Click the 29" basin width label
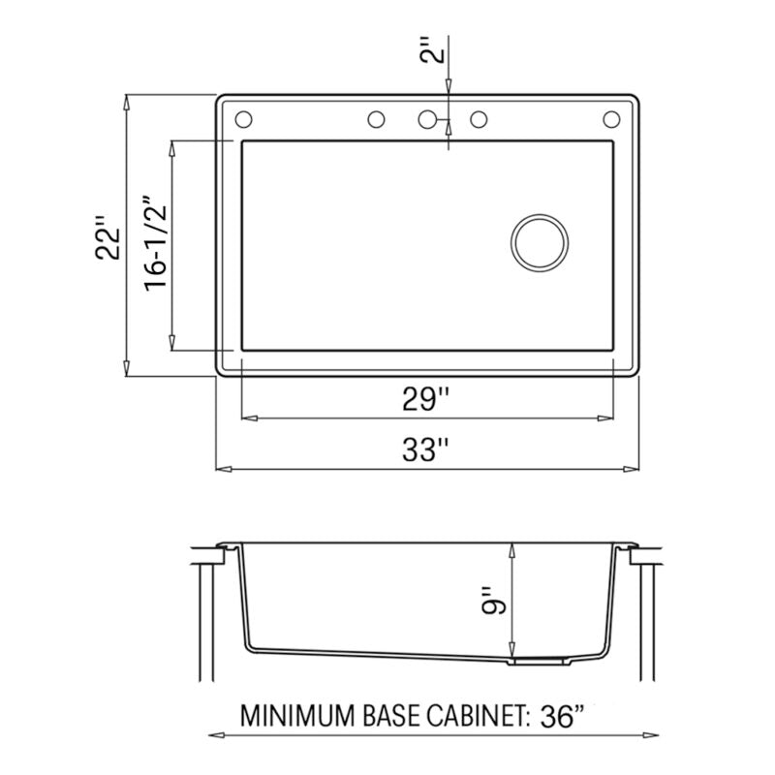[x=427, y=398]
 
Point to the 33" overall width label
[x=427, y=449]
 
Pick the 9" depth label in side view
[x=494, y=602]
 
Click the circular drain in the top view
[x=539, y=240]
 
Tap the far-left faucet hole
[x=243, y=119]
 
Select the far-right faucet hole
[x=611, y=119]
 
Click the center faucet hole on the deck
[x=427, y=119]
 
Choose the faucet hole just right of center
[x=479, y=120]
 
